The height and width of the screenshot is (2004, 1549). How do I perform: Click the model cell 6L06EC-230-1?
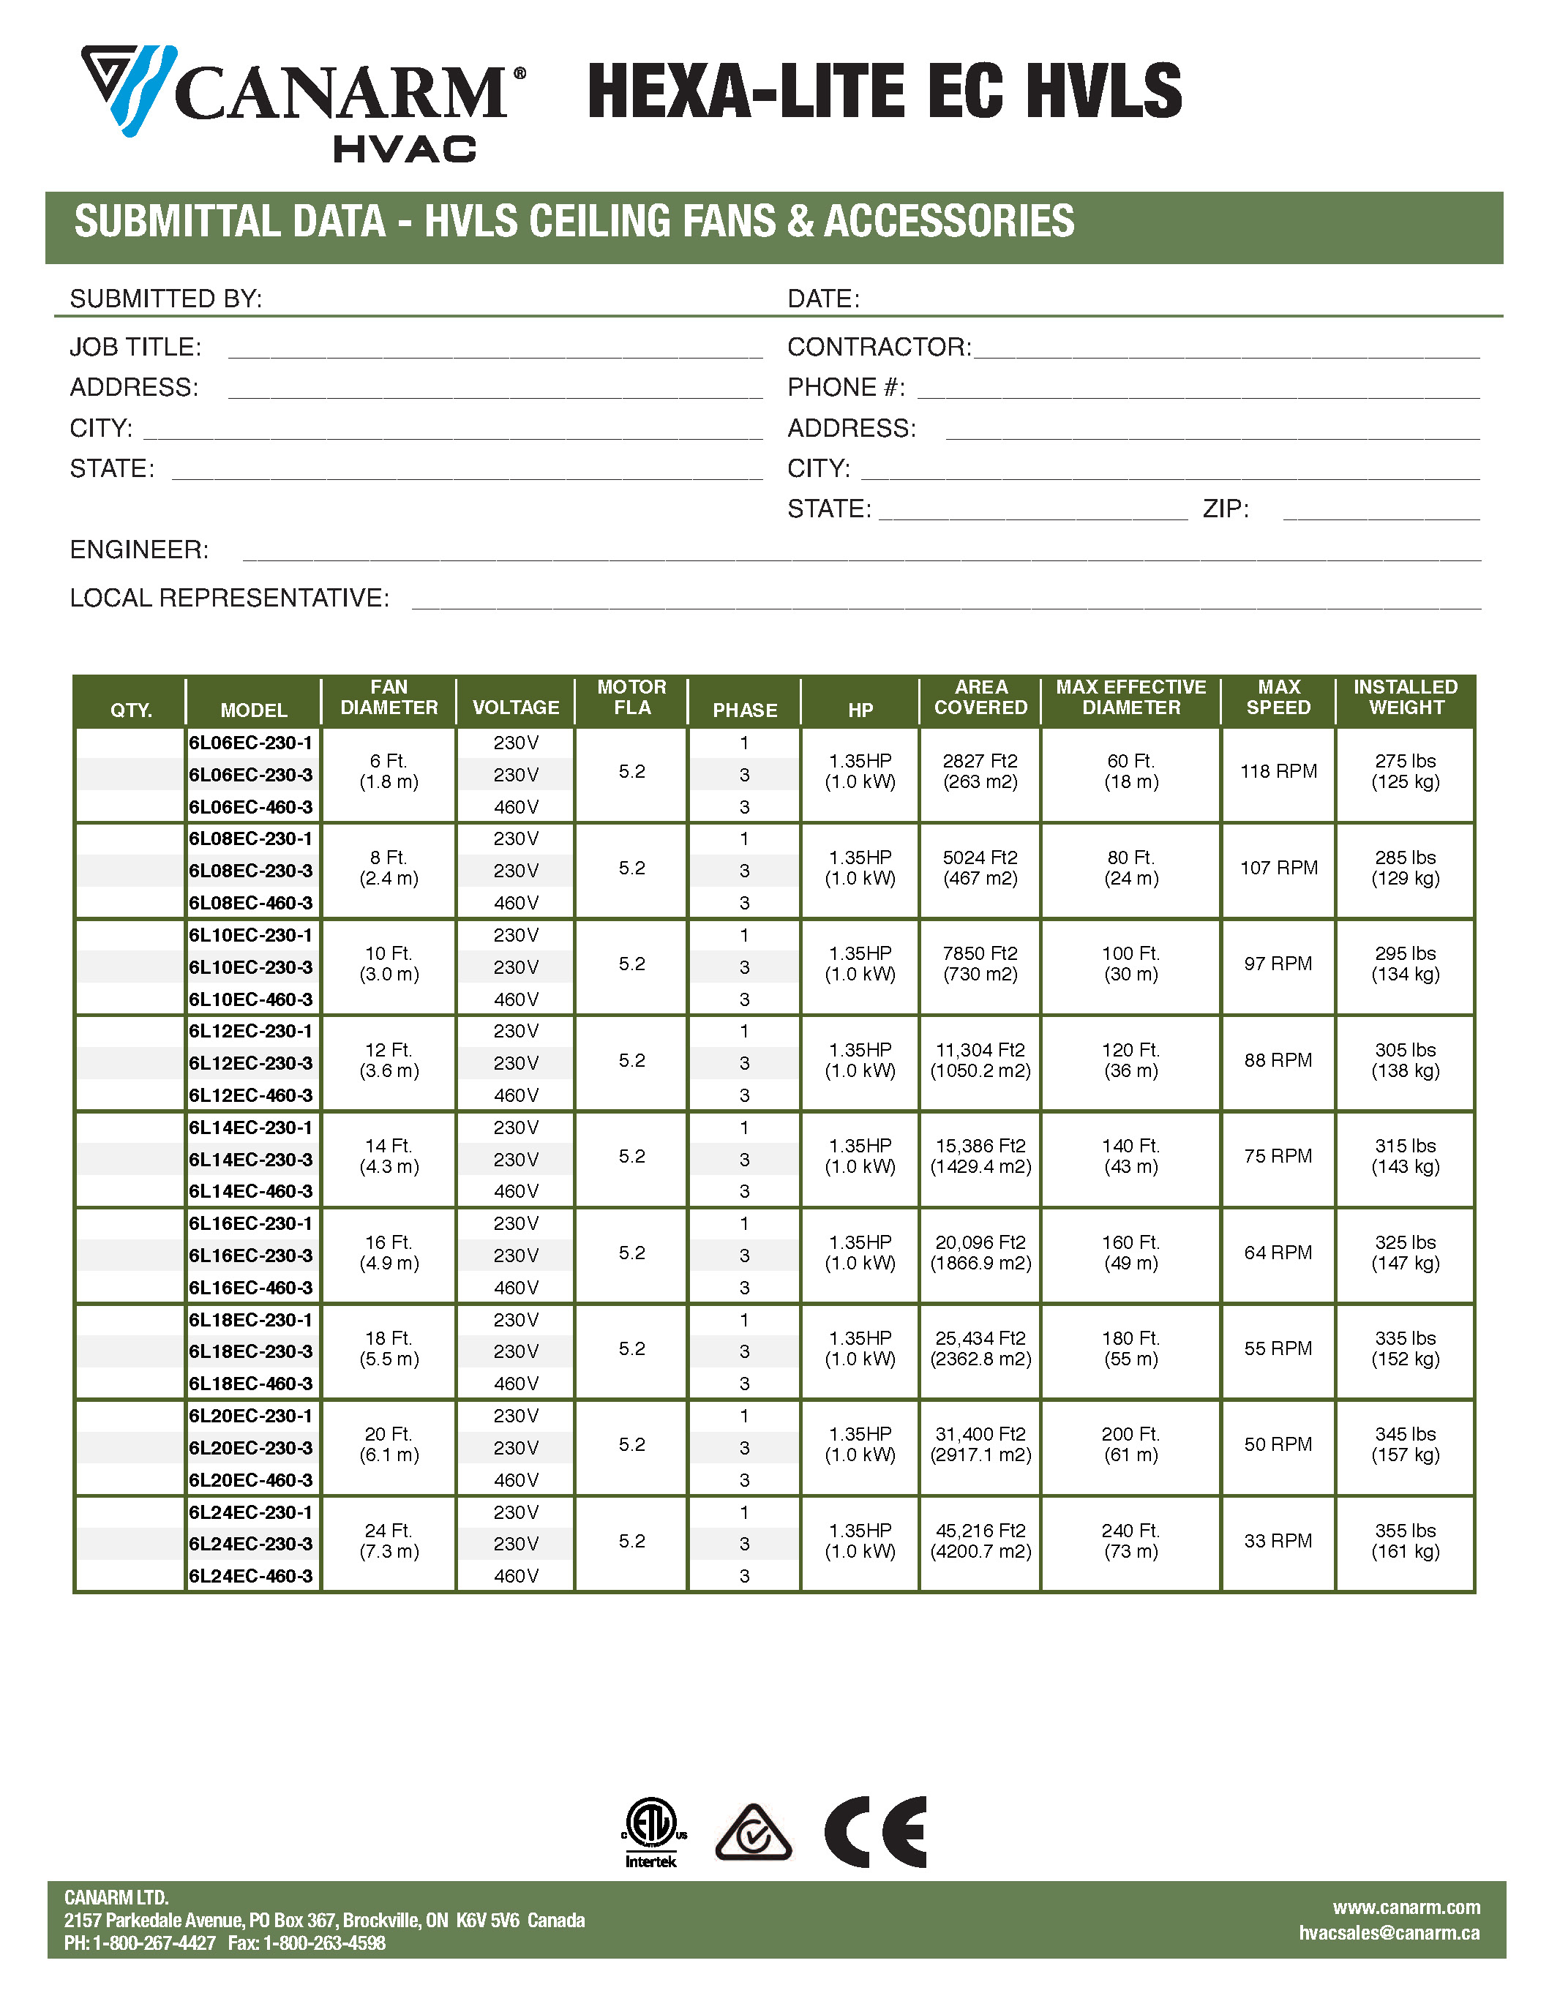[x=250, y=743]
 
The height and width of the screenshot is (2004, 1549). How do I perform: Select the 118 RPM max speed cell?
[x=1278, y=772]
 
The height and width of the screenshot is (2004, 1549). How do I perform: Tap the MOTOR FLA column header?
[x=631, y=697]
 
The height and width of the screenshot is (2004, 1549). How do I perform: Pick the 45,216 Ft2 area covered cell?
[x=980, y=1541]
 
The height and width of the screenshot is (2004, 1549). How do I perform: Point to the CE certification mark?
[x=874, y=1832]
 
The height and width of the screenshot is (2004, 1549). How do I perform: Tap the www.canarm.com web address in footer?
[x=1406, y=1907]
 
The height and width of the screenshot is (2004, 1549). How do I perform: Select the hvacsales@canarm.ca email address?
[x=1389, y=1932]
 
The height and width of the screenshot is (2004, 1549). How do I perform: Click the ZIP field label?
[x=1225, y=509]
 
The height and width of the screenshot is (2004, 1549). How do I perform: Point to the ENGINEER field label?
[x=140, y=549]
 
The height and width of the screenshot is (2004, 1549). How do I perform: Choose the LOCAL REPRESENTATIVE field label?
[x=230, y=598]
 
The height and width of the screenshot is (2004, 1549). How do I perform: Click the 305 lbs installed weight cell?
[x=1405, y=1060]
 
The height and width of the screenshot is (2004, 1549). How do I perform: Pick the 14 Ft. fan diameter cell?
[x=389, y=1156]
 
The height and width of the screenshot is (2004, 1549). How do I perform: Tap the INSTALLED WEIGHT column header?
[x=1405, y=697]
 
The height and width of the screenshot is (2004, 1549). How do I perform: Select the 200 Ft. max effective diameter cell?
[x=1130, y=1444]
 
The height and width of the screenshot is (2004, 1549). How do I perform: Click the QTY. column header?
[x=131, y=710]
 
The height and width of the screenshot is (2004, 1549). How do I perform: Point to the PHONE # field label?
[x=846, y=388]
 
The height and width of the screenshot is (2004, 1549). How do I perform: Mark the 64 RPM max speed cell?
[x=1278, y=1253]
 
